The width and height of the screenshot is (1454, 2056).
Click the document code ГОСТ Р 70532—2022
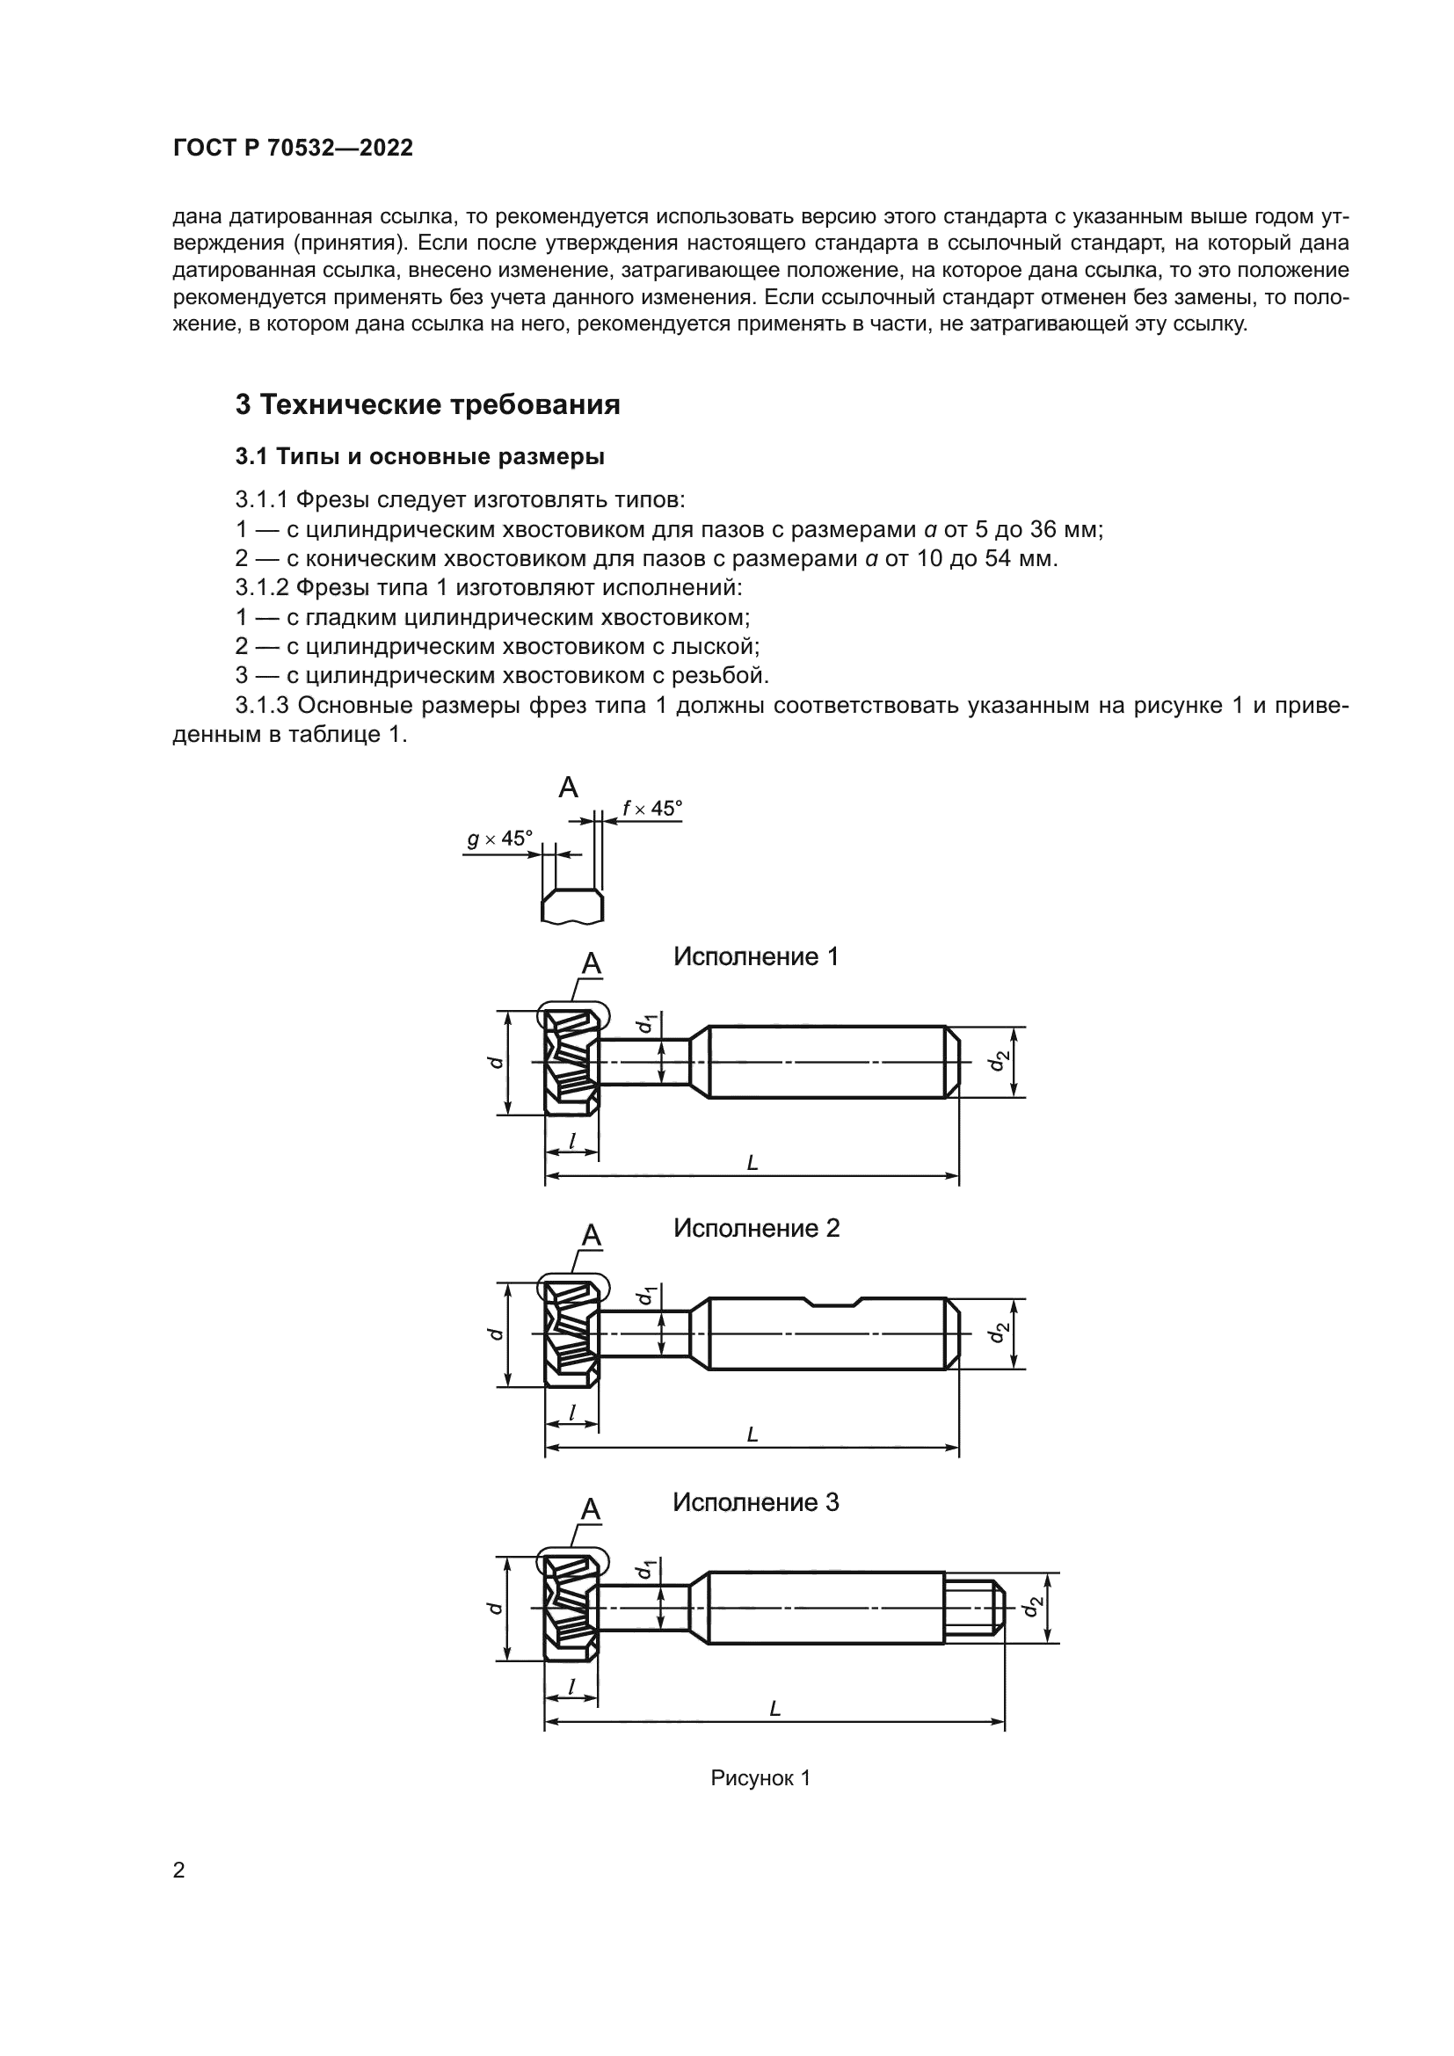293,148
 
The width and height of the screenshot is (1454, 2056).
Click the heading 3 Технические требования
427,404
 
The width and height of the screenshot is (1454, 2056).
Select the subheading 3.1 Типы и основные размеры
419,457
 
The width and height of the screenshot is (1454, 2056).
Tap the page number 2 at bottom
179,1870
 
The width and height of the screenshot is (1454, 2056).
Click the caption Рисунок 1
760,1777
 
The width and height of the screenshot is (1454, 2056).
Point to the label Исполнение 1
756,956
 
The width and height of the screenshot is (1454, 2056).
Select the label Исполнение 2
756,1228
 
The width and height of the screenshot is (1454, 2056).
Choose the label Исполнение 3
756,1501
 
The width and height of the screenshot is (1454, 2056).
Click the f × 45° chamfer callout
651,808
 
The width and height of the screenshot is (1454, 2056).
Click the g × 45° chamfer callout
499,839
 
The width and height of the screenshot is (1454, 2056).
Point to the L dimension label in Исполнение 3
775,1709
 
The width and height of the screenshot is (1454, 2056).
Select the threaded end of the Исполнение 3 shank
974,1608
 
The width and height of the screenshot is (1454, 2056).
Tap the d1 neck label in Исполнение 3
643,1570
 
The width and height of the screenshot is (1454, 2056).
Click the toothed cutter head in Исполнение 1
571,1062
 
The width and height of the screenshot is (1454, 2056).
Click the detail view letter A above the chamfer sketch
568,787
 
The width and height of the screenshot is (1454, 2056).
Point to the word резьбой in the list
723,675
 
